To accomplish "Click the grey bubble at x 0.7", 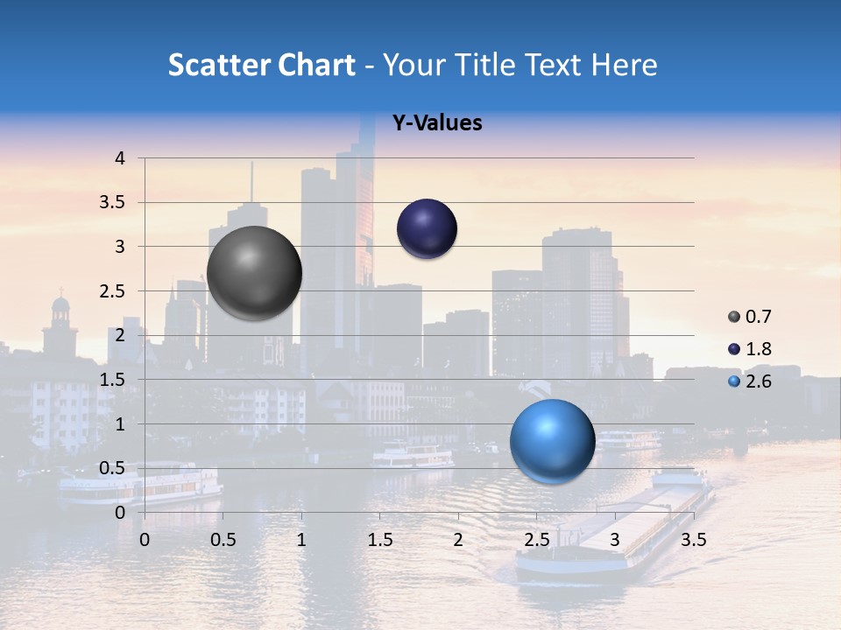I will (255, 273).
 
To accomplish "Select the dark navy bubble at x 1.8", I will (427, 228).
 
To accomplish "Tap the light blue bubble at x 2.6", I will (552, 441).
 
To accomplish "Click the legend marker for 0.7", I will (734, 317).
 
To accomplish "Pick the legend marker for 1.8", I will (734, 349).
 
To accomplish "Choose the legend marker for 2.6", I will (734, 381).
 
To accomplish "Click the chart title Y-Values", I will (436, 123).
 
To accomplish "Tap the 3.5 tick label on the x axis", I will (693, 540).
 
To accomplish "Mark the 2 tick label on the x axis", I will (458, 540).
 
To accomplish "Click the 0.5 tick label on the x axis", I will (223, 540).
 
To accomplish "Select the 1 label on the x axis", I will (301, 540).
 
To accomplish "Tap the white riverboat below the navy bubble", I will (413, 455).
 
